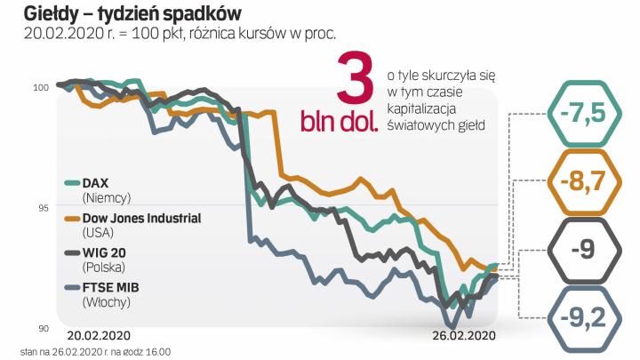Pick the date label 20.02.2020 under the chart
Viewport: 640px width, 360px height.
pyautogui.click(x=100, y=335)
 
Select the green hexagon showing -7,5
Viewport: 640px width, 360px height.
pyautogui.click(x=582, y=114)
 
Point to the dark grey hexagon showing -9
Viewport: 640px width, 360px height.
pyautogui.click(x=582, y=249)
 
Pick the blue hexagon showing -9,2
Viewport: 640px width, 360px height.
pyautogui.click(x=582, y=316)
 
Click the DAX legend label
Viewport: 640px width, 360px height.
pyautogui.click(x=94, y=182)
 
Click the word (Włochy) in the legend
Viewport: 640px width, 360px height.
pyautogui.click(x=106, y=302)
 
